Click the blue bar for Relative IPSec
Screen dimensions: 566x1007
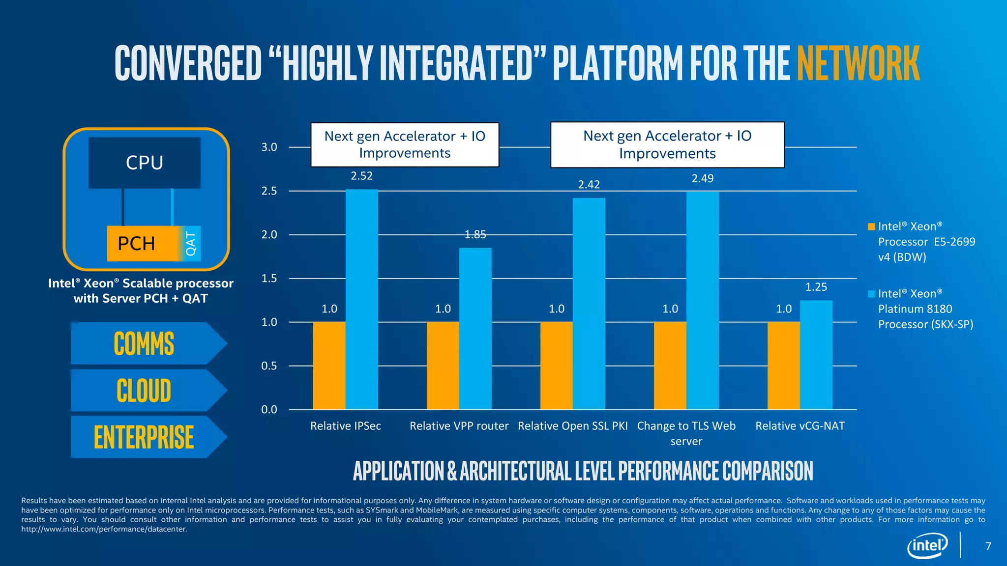(x=361, y=300)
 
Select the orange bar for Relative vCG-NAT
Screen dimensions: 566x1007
(x=783, y=366)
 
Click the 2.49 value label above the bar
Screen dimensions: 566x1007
(x=702, y=178)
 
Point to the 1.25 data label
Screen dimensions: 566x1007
(x=816, y=287)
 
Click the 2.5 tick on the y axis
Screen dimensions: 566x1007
(x=269, y=191)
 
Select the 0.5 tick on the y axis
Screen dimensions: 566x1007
(x=269, y=366)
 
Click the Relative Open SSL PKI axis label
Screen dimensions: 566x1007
(x=572, y=426)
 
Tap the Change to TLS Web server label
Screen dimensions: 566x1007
(x=686, y=433)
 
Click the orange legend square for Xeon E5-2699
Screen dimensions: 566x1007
(x=871, y=226)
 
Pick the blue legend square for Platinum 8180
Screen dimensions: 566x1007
(x=871, y=294)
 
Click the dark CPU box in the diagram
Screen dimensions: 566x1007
(x=144, y=163)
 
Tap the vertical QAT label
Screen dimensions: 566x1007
(x=191, y=244)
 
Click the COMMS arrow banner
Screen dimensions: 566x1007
(x=144, y=343)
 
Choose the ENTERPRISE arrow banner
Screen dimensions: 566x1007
(x=144, y=437)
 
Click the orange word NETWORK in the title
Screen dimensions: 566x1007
(x=858, y=63)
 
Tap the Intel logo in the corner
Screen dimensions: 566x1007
(x=927, y=545)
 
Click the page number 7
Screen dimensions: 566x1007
(x=988, y=546)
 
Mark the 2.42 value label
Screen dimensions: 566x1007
(x=589, y=185)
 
